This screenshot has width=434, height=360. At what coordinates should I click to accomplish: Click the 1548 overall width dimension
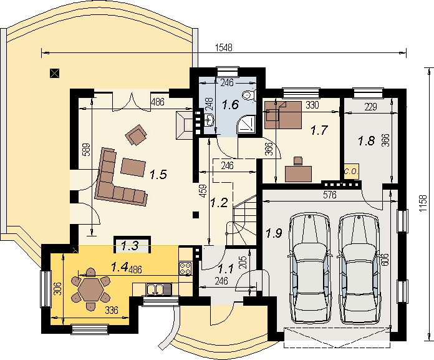(224, 47)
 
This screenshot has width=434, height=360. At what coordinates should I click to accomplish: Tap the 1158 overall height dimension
(423, 204)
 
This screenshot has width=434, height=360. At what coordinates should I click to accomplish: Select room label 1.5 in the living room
(158, 175)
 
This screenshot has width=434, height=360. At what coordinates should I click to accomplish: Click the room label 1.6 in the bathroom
(231, 105)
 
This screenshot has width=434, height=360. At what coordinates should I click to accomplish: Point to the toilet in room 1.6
(248, 95)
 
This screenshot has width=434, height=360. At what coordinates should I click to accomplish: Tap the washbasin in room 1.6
(210, 120)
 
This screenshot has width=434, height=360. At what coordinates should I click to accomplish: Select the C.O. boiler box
(351, 172)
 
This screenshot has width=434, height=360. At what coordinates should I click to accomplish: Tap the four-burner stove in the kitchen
(185, 268)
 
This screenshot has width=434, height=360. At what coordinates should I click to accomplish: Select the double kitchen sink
(155, 289)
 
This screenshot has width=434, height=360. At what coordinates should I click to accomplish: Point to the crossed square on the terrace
(55, 74)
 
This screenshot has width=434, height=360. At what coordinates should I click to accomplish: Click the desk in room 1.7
(298, 173)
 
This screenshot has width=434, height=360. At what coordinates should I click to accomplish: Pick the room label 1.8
(367, 141)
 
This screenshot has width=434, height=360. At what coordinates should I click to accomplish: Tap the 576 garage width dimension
(330, 195)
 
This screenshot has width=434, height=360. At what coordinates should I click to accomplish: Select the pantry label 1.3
(130, 245)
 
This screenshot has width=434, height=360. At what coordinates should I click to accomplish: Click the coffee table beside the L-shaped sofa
(133, 167)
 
